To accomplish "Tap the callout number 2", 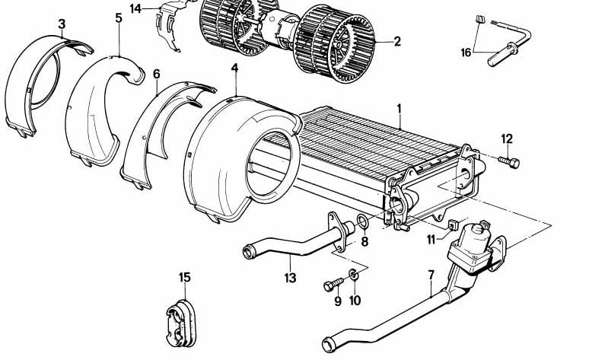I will [396, 42].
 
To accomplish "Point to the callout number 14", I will [136, 9].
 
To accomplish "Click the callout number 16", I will [466, 53].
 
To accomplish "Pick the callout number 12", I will [507, 139].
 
